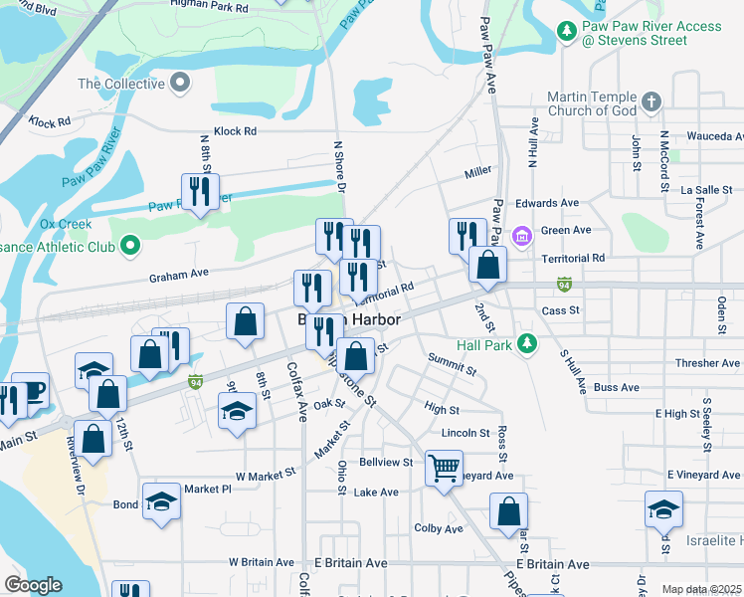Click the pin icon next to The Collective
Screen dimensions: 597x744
click(x=180, y=84)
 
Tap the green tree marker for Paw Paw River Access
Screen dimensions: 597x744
click(x=567, y=32)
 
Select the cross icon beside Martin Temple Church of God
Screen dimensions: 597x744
click(x=651, y=101)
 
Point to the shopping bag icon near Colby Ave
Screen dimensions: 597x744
click(x=508, y=511)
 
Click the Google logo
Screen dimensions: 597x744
click(x=33, y=585)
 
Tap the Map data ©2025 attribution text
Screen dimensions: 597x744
click(x=702, y=589)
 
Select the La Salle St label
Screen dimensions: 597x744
click(x=706, y=189)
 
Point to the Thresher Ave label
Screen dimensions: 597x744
click(x=707, y=363)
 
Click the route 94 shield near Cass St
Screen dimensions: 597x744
click(x=565, y=284)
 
